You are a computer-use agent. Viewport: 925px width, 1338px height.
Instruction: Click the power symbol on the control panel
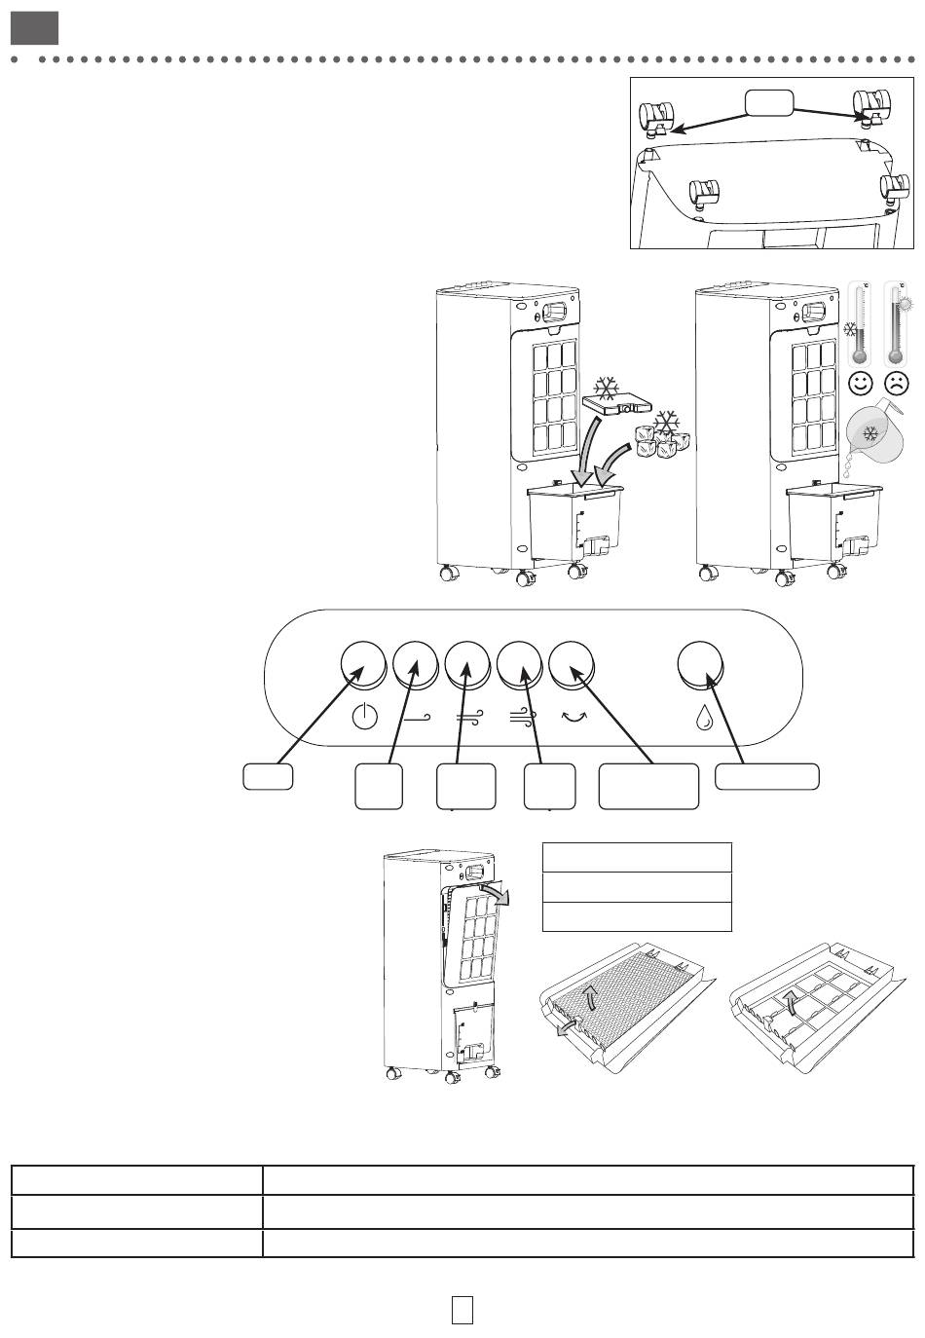pyautogui.click(x=363, y=719)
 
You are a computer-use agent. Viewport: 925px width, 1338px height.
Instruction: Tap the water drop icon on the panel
pyautogui.click(x=704, y=719)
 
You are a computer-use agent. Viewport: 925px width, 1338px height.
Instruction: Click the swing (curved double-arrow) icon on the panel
pyautogui.click(x=573, y=718)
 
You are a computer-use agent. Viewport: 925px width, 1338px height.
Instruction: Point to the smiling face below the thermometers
pyautogui.click(x=861, y=384)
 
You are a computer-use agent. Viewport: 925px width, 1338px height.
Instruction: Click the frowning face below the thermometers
pyautogui.click(x=897, y=384)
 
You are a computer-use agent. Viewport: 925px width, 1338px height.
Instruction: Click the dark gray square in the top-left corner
pyautogui.click(x=35, y=28)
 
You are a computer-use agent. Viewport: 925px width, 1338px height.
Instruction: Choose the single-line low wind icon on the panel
pyautogui.click(x=416, y=719)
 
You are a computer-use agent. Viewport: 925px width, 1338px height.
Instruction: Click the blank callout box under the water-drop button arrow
pyautogui.click(x=767, y=776)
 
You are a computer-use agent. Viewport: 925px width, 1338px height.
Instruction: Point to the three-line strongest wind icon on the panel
pyautogui.click(x=521, y=719)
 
